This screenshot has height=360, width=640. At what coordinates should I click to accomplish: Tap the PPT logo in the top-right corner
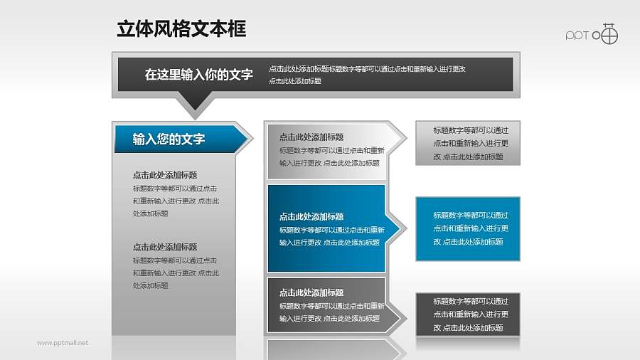coord(592,34)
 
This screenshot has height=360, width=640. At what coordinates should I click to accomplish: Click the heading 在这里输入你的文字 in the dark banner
coord(198,74)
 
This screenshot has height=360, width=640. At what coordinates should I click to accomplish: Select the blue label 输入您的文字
coord(169,139)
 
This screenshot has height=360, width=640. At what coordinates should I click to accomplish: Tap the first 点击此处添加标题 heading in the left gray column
coord(164,175)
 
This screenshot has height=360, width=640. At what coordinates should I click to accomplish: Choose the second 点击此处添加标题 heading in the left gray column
coord(164,247)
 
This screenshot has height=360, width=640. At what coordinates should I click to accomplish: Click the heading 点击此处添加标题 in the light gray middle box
coord(311,137)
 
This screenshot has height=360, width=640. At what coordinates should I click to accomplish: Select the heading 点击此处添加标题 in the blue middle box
coord(311,216)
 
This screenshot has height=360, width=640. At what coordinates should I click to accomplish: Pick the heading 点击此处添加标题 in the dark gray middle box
coord(311,292)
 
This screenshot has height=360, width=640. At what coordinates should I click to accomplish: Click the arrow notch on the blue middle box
coord(399,228)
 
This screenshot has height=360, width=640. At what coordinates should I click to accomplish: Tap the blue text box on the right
coord(468,228)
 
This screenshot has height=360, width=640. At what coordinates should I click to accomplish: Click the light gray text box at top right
coord(468,143)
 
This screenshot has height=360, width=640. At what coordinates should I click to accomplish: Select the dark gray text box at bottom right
coord(468,314)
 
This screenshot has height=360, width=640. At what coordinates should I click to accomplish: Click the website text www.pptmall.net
coord(63,343)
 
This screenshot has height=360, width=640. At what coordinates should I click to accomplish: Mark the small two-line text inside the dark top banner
coord(366,75)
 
